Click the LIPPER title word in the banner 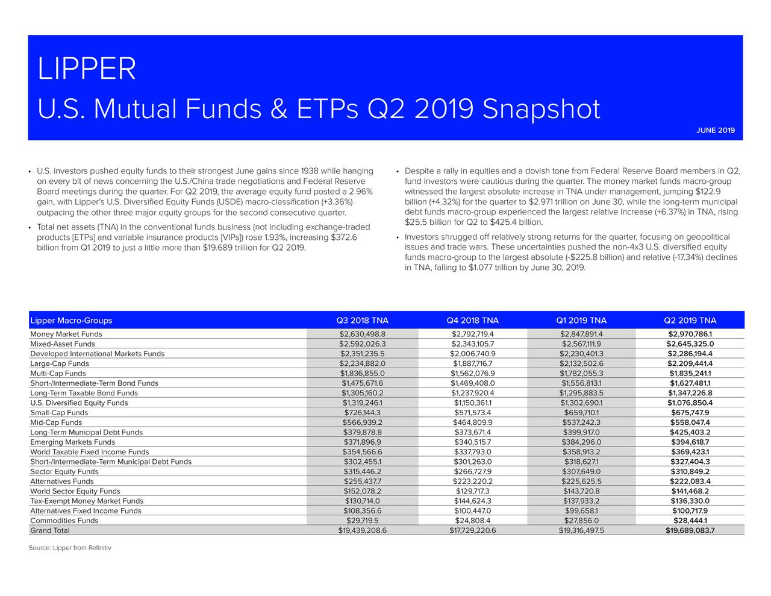click(x=86, y=69)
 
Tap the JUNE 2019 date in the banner click(x=716, y=131)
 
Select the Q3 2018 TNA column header click(x=362, y=321)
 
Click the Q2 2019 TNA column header click(x=690, y=321)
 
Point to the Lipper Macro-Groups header click(x=71, y=321)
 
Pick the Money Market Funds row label click(x=66, y=334)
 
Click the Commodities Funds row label click(x=64, y=521)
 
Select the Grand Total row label click(x=50, y=531)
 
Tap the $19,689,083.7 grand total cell click(x=690, y=531)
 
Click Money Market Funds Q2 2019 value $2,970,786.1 click(x=690, y=334)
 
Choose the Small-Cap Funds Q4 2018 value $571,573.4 click(x=472, y=413)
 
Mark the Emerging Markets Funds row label click(x=72, y=442)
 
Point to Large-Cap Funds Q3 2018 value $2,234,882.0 click(x=362, y=364)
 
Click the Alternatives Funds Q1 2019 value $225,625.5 click(x=581, y=482)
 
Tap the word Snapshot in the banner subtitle click(x=541, y=110)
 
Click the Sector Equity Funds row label click(x=64, y=472)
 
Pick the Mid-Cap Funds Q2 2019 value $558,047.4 click(x=690, y=422)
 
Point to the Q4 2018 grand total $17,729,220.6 click(x=472, y=531)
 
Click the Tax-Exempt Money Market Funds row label click(x=87, y=501)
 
